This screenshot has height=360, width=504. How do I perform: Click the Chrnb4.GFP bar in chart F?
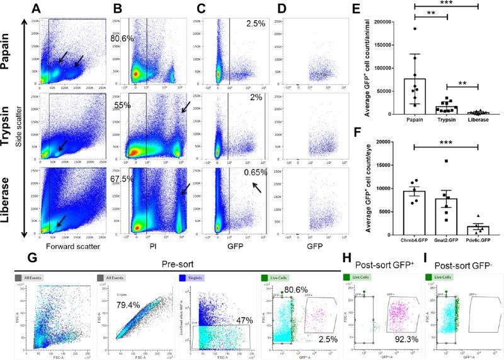(x=413, y=212)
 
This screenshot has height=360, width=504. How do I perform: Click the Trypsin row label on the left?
(x=10, y=126)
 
